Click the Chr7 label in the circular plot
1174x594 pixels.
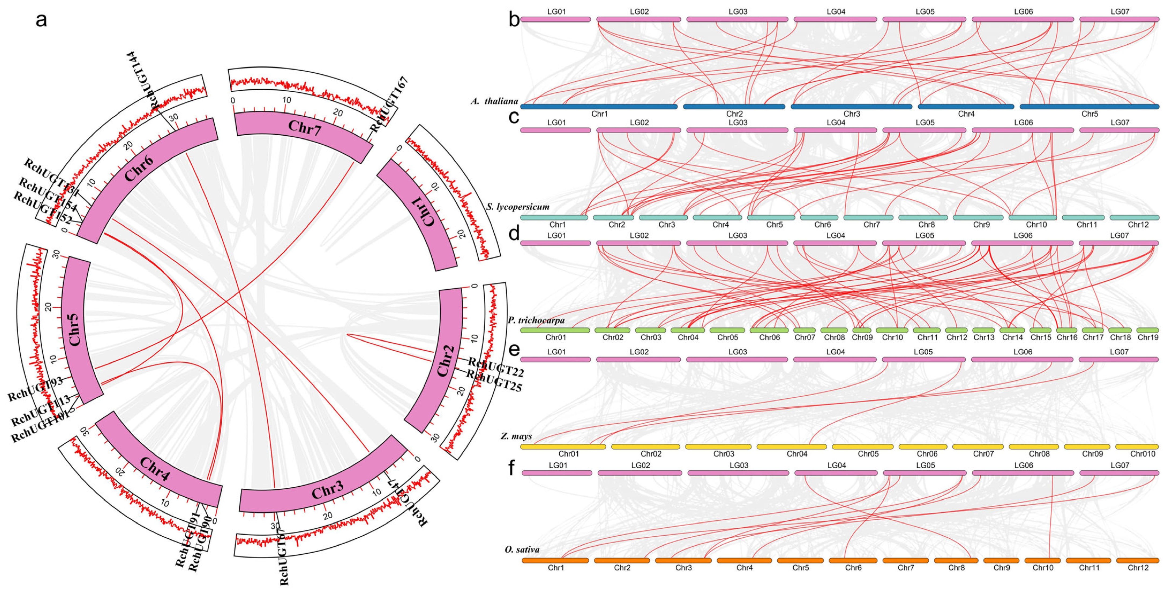[304, 128]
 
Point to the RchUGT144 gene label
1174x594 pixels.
[140, 80]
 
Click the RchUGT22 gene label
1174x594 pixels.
[496, 367]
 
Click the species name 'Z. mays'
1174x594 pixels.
[516, 436]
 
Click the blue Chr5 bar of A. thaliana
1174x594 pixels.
[1089, 107]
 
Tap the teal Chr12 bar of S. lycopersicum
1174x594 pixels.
[1138, 217]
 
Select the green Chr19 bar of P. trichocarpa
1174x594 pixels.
[1147, 330]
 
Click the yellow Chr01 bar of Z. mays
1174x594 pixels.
[563, 447]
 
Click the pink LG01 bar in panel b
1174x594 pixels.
[556, 20]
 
